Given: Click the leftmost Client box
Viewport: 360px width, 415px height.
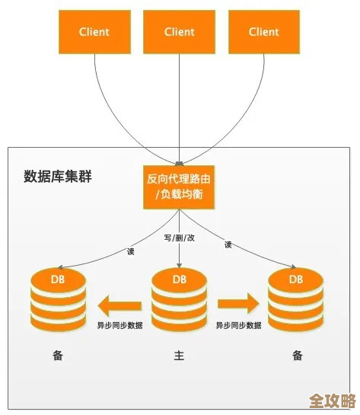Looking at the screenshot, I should click(94, 32).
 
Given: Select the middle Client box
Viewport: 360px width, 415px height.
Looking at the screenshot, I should click(180, 32).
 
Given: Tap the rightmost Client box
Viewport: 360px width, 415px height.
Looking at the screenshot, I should click(264, 32).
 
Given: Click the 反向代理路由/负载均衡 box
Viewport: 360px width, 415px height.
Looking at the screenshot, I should click(180, 187).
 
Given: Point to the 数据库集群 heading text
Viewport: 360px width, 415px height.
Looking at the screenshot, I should click(58, 177).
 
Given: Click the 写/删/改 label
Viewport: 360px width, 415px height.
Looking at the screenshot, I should click(180, 238).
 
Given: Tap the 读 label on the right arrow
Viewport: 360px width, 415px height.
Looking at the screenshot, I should click(228, 244).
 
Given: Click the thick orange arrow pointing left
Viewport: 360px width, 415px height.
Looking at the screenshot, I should click(120, 306).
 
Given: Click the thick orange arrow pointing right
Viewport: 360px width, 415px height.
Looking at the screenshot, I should click(238, 305).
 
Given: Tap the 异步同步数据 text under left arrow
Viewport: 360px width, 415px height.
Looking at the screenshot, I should click(119, 325).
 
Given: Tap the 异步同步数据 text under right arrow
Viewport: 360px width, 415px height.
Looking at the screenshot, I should click(238, 325).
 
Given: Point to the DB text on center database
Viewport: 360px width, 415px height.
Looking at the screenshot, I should click(180, 279).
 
